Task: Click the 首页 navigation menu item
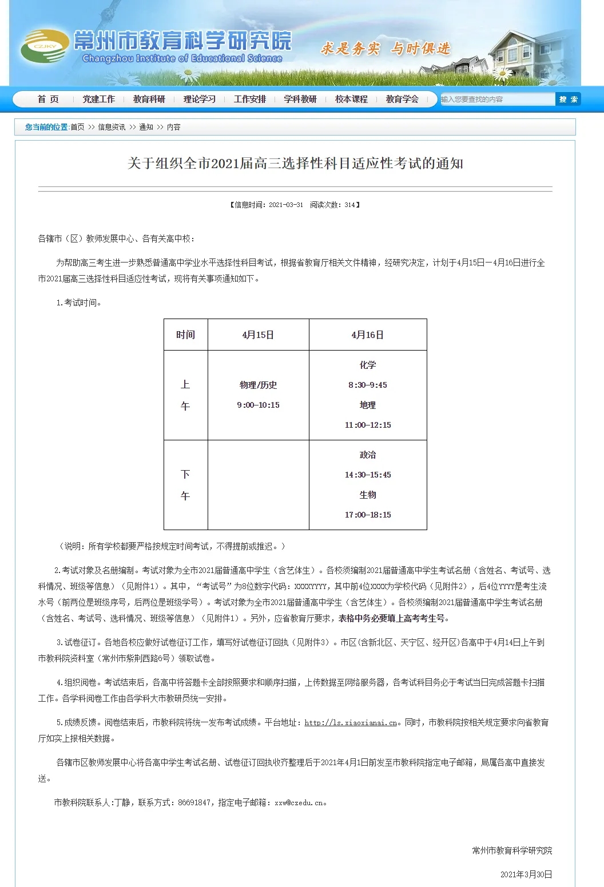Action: [x=48, y=100]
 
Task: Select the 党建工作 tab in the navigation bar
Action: [x=98, y=100]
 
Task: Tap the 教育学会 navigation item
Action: [x=402, y=100]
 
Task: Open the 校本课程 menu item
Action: [x=351, y=100]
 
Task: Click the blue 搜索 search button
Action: [x=568, y=100]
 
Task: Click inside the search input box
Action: [x=496, y=100]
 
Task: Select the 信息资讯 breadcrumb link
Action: [x=112, y=127]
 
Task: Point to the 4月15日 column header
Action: [x=258, y=335]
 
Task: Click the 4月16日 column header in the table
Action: [x=368, y=335]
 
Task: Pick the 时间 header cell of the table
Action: [x=185, y=335]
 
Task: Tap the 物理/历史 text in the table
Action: [x=258, y=385]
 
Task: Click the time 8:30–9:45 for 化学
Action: [x=368, y=385]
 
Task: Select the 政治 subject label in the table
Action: [x=368, y=455]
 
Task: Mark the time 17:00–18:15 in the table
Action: [x=368, y=515]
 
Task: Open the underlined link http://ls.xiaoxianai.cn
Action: [x=351, y=723]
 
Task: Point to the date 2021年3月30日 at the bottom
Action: [x=526, y=874]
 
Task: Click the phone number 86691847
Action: [x=194, y=803]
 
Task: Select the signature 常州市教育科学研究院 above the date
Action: [x=512, y=850]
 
